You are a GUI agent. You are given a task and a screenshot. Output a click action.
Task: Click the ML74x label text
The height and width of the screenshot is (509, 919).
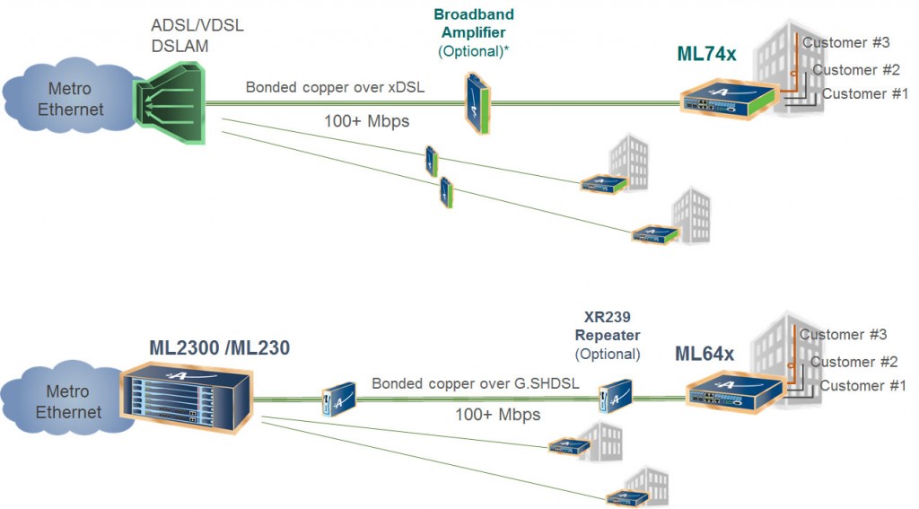point(705,55)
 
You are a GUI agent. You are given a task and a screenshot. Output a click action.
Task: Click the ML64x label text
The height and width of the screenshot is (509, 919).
point(704,354)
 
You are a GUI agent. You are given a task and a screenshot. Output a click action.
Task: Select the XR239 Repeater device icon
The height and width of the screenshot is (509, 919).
point(616,395)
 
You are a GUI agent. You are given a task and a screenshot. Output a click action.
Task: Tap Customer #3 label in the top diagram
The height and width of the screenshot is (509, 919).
point(845,42)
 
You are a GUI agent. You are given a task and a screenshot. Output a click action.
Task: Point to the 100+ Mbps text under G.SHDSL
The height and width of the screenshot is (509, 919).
point(497,415)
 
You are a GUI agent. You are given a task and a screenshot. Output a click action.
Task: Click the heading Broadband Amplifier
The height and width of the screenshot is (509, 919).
point(473,23)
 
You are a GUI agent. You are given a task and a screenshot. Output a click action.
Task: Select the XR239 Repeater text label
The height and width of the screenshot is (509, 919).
point(608,329)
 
